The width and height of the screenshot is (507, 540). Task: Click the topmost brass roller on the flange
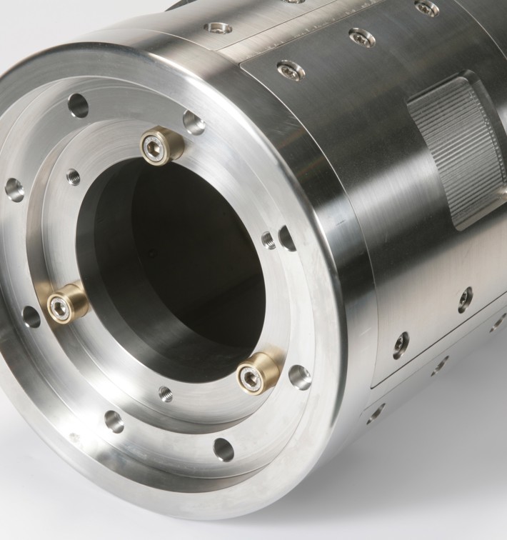pyautogui.click(x=161, y=146)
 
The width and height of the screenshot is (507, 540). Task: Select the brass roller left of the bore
pyautogui.click(x=66, y=304)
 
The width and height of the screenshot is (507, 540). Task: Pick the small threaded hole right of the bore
pyautogui.click(x=268, y=239)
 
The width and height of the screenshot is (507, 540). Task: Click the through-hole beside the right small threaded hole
pyautogui.click(x=288, y=238)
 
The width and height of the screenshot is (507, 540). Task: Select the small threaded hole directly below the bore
pyautogui.click(x=166, y=394)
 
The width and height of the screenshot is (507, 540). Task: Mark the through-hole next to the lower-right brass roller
pyautogui.click(x=299, y=376)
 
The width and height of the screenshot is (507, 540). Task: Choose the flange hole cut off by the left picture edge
pyautogui.click(x=14, y=189)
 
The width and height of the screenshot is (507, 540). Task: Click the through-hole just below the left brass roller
pyautogui.click(x=31, y=316)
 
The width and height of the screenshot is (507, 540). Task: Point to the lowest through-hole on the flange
pyautogui.click(x=224, y=449)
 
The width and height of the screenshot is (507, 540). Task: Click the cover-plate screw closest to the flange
pyautogui.click(x=289, y=69)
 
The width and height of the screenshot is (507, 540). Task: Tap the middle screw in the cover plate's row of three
pyautogui.click(x=361, y=36)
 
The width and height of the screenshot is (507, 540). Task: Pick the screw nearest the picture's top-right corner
pyautogui.click(x=426, y=8)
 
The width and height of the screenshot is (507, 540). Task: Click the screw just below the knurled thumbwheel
pyautogui.click(x=465, y=299)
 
